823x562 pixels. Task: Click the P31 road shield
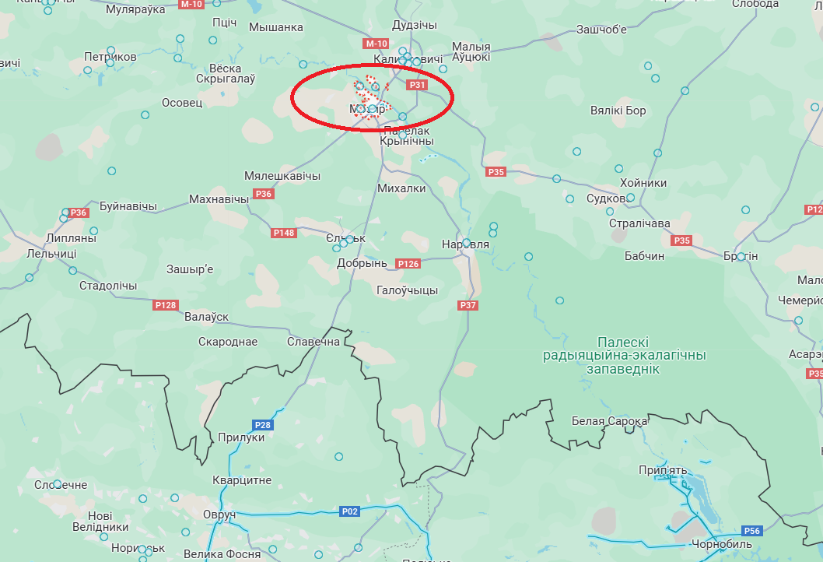click(418, 85)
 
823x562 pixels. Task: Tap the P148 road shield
click(284, 233)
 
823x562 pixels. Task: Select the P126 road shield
click(408, 264)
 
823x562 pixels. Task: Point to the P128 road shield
click(166, 305)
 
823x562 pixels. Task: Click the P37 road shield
click(468, 305)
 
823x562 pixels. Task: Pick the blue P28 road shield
click(263, 425)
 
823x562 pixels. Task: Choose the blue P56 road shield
click(751, 531)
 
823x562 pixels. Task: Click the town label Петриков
click(110, 57)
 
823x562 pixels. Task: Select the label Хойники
click(643, 183)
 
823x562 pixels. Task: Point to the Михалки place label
click(401, 188)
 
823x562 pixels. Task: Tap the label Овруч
click(219, 516)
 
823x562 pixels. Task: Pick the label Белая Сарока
click(609, 421)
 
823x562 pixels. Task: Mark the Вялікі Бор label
click(618, 111)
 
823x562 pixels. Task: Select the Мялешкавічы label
click(282, 176)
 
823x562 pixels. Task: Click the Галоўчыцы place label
click(407, 290)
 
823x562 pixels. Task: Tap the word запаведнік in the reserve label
click(624, 369)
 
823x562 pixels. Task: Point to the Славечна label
click(313, 342)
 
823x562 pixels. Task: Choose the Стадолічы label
click(108, 286)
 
